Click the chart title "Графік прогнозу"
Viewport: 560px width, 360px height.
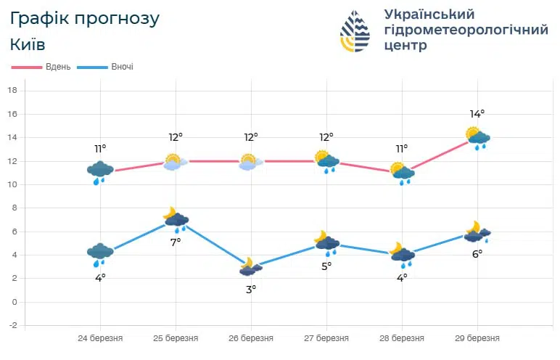pos(85,18)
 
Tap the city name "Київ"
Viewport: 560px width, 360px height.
pos(28,44)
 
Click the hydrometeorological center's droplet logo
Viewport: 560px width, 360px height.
pos(355,31)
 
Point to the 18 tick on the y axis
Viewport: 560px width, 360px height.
pos(12,90)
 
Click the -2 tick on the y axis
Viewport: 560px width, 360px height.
pos(12,325)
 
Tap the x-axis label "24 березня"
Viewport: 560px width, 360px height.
pos(100,338)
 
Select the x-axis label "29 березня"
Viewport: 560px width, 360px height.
pos(477,338)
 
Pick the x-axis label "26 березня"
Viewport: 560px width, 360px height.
pos(251,338)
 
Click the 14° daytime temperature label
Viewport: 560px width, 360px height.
pos(477,113)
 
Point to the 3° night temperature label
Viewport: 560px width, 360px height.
pos(250,288)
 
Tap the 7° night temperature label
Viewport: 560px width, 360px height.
pos(176,242)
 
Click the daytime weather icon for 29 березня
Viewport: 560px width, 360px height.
pos(478,138)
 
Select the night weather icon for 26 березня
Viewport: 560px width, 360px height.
pos(250,267)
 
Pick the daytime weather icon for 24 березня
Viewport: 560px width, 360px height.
pos(100,172)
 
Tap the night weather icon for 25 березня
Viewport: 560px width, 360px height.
pos(176,218)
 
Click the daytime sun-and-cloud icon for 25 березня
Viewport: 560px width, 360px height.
pos(174,162)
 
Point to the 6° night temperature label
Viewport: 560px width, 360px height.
pos(477,253)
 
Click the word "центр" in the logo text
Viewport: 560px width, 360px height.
pos(405,46)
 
